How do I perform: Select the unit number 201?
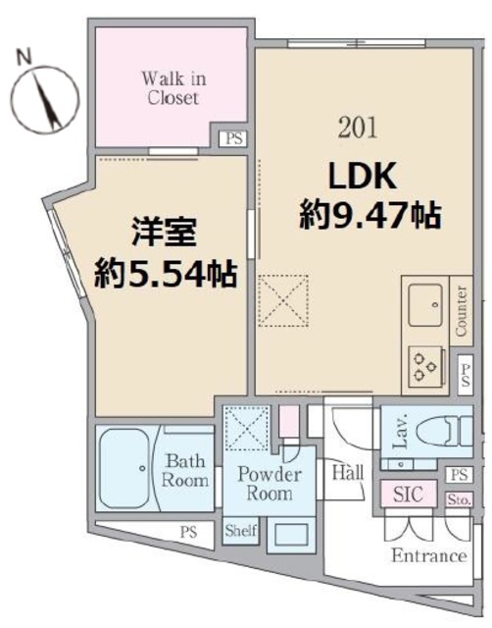pyautogui.click(x=355, y=128)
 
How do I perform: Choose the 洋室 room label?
pyautogui.click(x=165, y=236)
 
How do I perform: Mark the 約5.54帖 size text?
pyautogui.click(x=166, y=275)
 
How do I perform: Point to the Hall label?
pyautogui.click(x=349, y=473)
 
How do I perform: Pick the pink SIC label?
pyautogui.click(x=408, y=495)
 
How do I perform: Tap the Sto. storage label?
pyautogui.click(x=459, y=499)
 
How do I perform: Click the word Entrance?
pyautogui.click(x=428, y=556)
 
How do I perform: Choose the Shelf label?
pyautogui.click(x=240, y=531)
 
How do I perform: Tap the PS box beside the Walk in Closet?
pyautogui.click(x=233, y=138)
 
